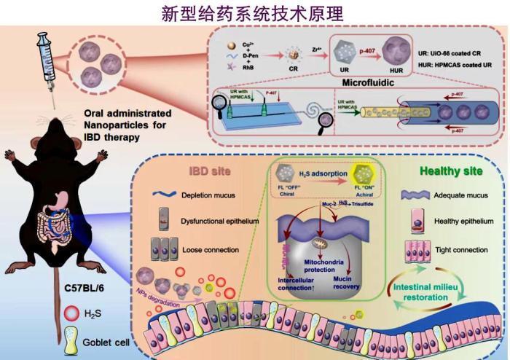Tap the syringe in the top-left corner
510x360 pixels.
tap(44, 63)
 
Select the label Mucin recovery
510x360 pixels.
tap(342, 282)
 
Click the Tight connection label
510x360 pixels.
tap(460, 250)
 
